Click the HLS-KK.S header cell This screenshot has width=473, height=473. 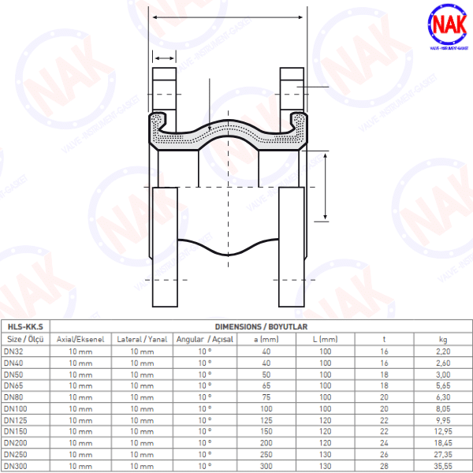[x=24, y=326]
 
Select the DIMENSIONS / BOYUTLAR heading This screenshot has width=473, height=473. [x=260, y=326]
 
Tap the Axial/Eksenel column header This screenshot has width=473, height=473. [x=80, y=339]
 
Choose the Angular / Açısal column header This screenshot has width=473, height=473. [x=204, y=339]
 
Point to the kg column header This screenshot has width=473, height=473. [x=443, y=339]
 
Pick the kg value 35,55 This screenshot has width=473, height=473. [x=443, y=467]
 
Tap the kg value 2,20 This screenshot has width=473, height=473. [x=443, y=351]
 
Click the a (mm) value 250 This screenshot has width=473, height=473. [x=266, y=455]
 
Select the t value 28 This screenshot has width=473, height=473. [x=384, y=467]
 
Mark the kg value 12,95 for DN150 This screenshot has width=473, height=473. [x=443, y=432]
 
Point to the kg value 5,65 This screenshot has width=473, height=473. [x=443, y=385]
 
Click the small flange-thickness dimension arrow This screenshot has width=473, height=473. [x=164, y=58]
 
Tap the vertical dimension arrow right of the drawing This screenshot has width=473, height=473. [x=326, y=187]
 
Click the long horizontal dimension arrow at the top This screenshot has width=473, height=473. [x=226, y=17]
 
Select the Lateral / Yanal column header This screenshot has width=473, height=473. [x=142, y=339]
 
